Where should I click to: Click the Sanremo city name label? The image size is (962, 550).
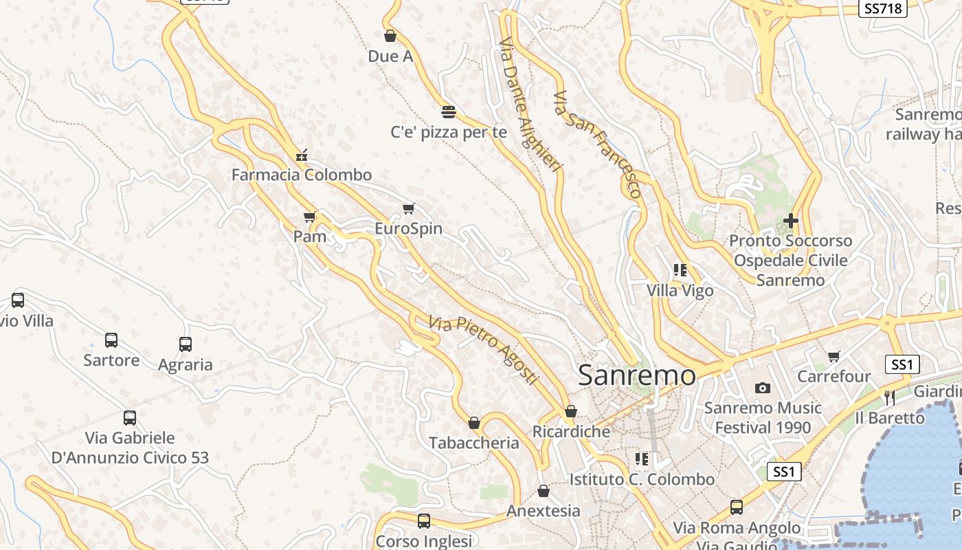[x=636, y=375]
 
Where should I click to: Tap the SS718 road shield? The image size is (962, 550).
[x=883, y=8]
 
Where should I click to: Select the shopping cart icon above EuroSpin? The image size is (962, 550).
[x=409, y=209]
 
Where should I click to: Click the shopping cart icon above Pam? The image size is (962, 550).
[x=310, y=217]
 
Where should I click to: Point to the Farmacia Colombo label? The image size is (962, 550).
[x=302, y=175]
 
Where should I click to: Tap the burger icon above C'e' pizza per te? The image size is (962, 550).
[x=449, y=112]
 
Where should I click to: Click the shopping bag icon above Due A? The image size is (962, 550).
[x=390, y=36]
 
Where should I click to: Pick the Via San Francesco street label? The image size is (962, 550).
[x=597, y=144]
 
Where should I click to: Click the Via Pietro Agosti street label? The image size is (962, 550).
[x=483, y=349]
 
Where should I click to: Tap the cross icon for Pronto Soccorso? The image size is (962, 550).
[x=791, y=221]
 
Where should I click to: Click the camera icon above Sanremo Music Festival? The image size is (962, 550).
[x=763, y=388]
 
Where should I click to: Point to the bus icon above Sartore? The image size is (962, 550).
[x=111, y=340]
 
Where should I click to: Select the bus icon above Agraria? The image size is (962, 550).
[x=186, y=344]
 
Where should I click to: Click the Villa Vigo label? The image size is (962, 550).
[x=680, y=291]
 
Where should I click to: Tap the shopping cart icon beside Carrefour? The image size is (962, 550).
[x=834, y=356]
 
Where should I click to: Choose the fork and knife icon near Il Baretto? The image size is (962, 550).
[x=890, y=397]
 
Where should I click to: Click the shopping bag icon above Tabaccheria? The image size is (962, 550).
[x=474, y=423]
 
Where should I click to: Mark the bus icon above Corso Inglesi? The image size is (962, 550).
[x=424, y=521]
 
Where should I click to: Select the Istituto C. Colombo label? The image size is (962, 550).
[x=642, y=479]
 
